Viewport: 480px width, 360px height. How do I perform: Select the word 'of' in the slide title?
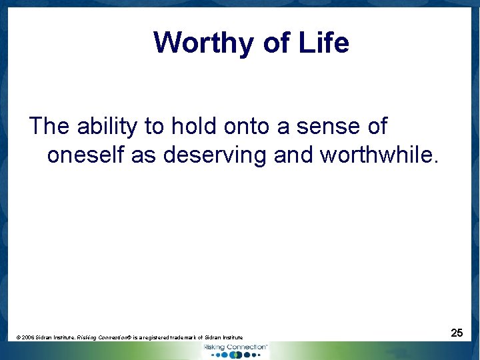[x=276, y=43]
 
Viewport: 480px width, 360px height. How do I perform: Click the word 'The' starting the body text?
[x=49, y=125]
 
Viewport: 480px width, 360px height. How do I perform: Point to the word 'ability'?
[x=108, y=125]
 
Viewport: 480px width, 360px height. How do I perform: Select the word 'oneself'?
[x=86, y=155]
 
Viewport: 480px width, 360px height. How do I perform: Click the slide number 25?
[x=457, y=332]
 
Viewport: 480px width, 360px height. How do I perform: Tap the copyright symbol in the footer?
[x=18, y=338]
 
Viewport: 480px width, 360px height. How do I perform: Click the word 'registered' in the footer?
[x=160, y=338]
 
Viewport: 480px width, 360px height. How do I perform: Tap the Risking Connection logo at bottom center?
[x=235, y=350]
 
